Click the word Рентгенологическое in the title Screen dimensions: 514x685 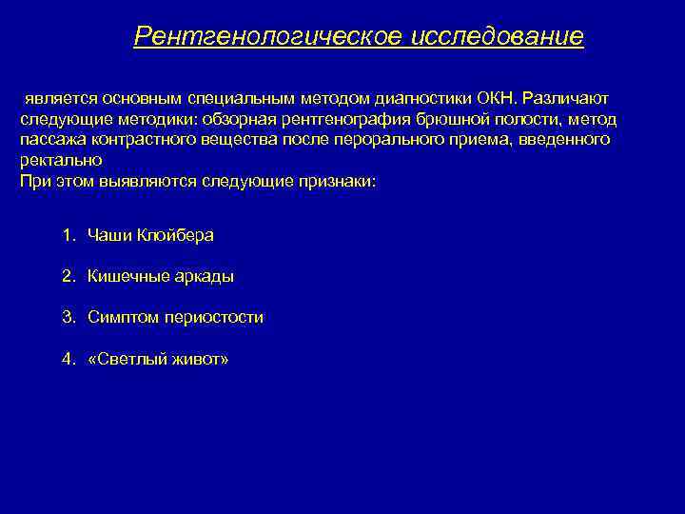pos(269,37)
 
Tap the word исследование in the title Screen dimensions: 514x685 pos(499,37)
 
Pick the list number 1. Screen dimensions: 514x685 pos(68,235)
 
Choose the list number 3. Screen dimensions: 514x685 pos(68,318)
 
